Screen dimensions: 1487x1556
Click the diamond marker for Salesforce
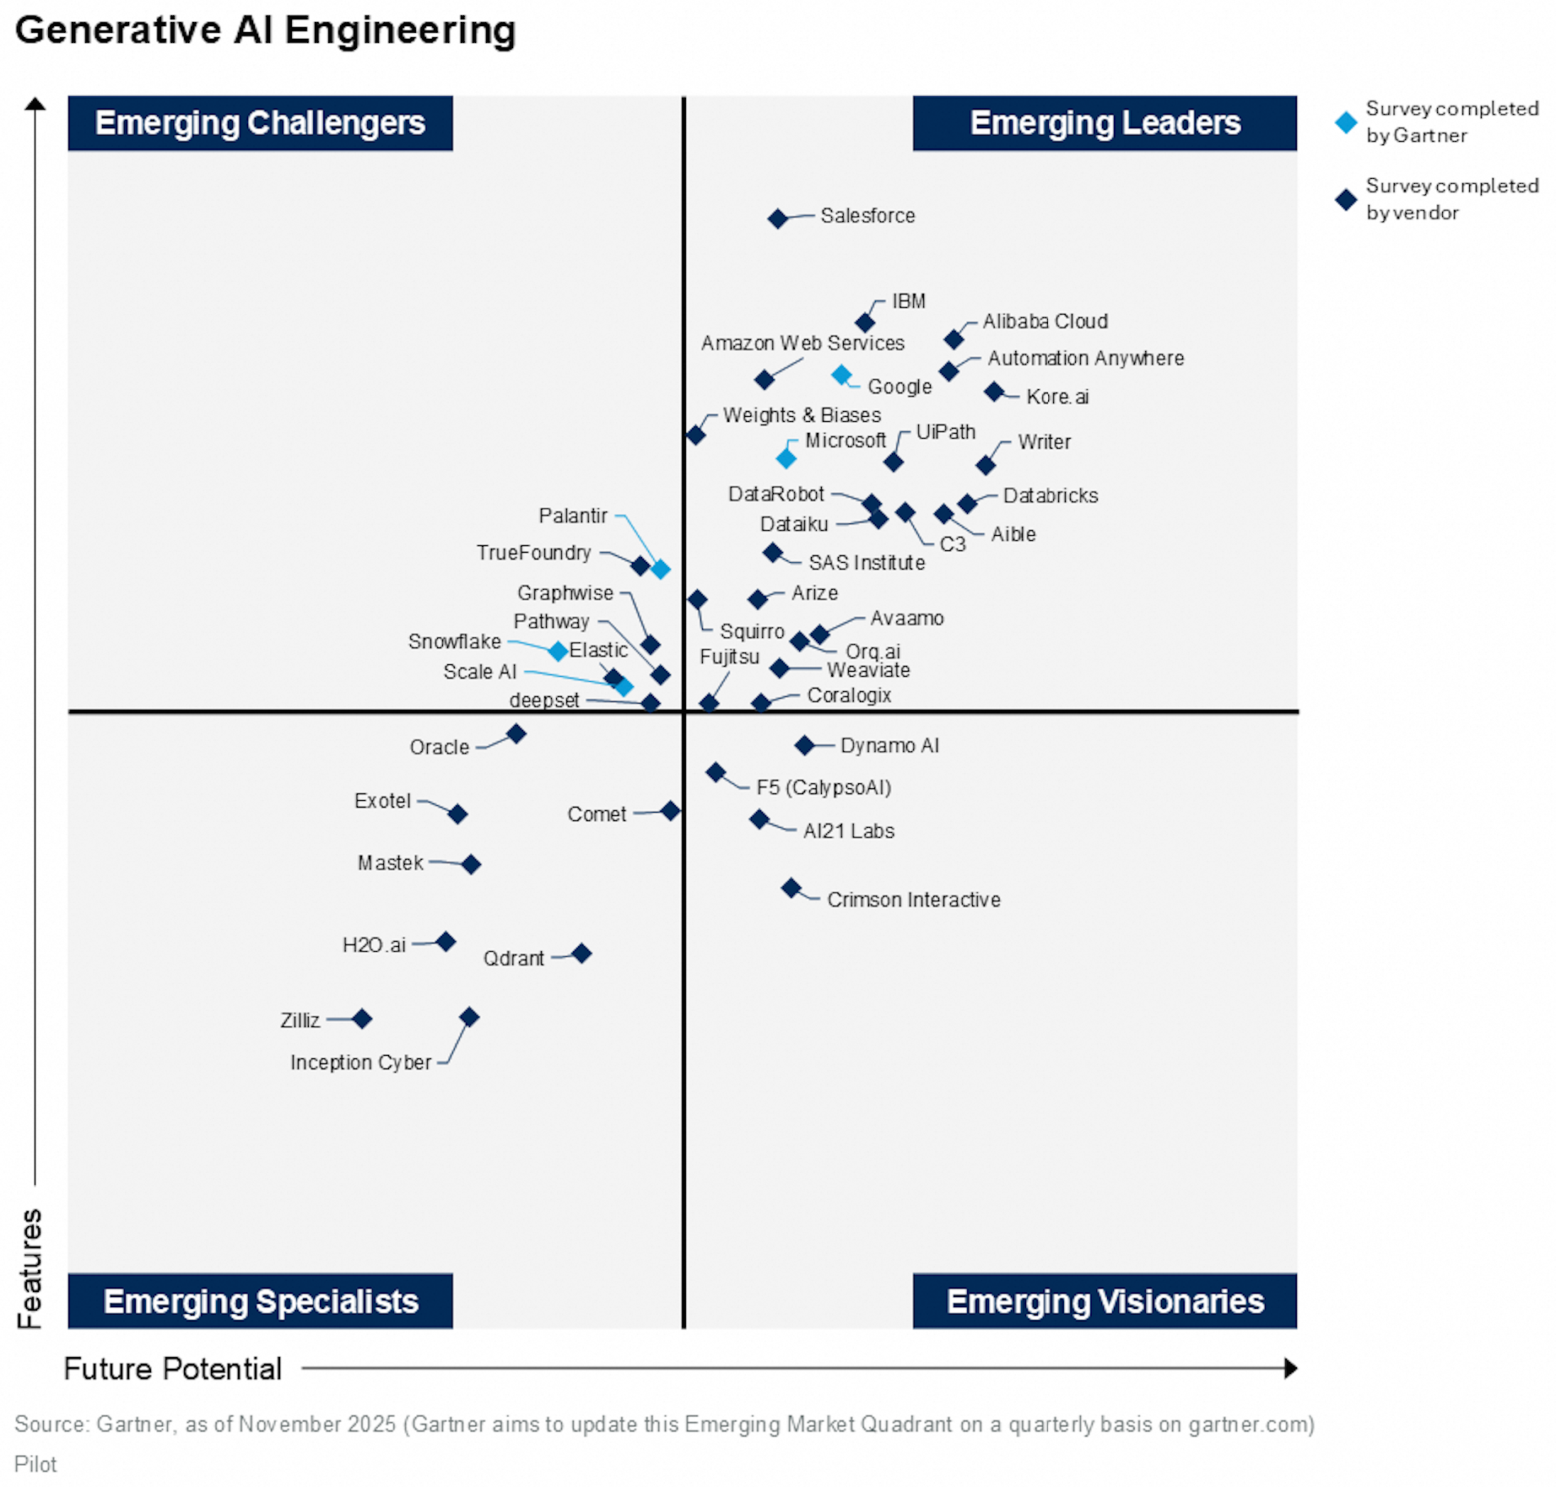point(777,219)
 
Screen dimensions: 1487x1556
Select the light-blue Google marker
point(840,375)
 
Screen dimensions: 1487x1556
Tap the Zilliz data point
point(362,1019)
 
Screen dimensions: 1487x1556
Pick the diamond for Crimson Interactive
point(791,888)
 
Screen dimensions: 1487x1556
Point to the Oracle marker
point(516,734)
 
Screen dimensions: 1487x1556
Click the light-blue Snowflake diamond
point(558,651)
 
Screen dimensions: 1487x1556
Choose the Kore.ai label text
point(1056,397)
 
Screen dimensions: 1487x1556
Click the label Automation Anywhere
point(1085,358)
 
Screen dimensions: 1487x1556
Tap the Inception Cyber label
point(360,1062)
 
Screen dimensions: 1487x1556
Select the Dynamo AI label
point(889,745)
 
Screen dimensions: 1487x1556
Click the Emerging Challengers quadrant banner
point(260,123)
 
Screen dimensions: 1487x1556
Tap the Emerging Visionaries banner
point(1105,1301)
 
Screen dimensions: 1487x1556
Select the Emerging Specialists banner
point(260,1301)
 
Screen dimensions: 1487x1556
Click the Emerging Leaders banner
point(1105,123)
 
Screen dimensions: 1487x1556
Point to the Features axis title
point(30,1268)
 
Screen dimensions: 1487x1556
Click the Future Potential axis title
point(173,1368)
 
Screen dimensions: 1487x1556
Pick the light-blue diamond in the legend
point(1346,122)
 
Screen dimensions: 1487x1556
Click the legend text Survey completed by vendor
point(1451,199)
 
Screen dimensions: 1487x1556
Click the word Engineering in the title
point(400,30)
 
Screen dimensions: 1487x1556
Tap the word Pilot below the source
point(35,1464)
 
